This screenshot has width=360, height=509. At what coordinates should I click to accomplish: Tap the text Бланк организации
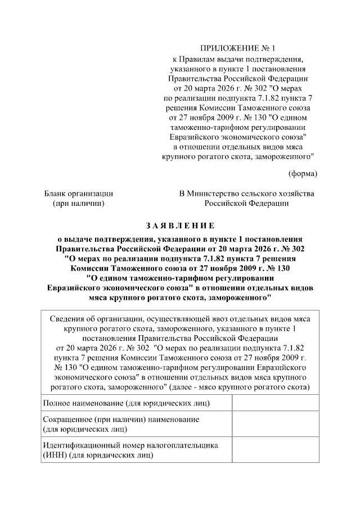[79, 193]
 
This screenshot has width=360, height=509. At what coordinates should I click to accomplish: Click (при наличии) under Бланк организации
[78, 204]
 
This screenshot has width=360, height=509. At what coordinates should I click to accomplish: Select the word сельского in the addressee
[266, 193]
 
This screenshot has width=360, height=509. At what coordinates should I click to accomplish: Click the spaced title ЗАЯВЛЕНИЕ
[180, 226]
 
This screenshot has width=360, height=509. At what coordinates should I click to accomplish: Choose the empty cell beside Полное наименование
[276, 403]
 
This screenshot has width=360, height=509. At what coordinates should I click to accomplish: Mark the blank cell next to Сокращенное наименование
[276, 425]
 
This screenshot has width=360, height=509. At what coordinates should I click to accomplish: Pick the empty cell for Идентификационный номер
[276, 450]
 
